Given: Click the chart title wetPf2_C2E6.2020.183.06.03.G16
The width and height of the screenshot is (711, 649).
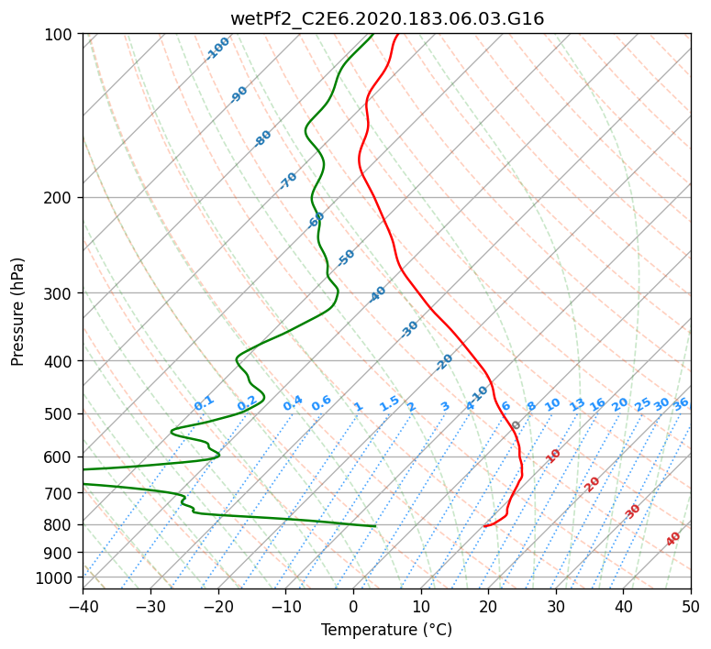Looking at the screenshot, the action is tap(387, 19).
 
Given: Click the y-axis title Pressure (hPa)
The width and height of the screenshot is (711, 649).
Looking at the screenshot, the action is tap(17, 312).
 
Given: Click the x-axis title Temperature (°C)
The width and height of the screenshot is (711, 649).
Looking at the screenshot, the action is tap(387, 630).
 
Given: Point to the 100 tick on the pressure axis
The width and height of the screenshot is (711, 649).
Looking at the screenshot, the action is tap(58, 35).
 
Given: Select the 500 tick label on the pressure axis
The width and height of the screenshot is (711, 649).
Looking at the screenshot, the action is tap(58, 414).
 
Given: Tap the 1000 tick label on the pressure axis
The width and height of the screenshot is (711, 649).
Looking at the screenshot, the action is tap(53, 578).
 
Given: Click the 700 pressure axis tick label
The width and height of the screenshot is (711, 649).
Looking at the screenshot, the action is tap(58, 493).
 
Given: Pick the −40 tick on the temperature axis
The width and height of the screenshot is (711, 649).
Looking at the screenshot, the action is tap(83, 606).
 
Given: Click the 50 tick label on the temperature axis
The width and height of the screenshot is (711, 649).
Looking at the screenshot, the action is tap(691, 606).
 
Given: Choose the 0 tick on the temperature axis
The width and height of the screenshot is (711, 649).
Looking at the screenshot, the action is tap(354, 606).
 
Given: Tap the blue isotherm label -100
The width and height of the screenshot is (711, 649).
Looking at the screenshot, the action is tap(217, 49).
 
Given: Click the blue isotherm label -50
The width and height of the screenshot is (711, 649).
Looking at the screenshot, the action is tap(346, 258).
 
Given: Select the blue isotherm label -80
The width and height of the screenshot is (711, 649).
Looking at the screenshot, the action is tap(262, 138).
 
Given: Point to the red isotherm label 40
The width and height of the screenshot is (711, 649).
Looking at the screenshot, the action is tap(673, 539).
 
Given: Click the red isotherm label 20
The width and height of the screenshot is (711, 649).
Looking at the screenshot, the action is tap(592, 485).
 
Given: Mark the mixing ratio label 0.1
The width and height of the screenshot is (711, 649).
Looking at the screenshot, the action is tap(204, 403).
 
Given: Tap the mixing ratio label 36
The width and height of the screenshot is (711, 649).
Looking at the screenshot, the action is tap(681, 404).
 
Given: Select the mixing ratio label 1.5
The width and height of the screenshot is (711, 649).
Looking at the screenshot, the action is tap(390, 403).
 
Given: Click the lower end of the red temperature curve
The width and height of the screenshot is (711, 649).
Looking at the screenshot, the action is tap(484, 526).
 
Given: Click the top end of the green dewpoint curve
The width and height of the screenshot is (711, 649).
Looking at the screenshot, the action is tap(372, 34).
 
